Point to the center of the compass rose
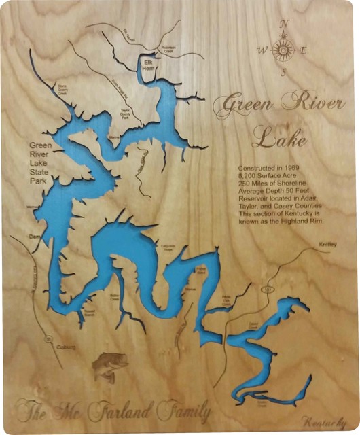point(284,49)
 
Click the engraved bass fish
point(109,367)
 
